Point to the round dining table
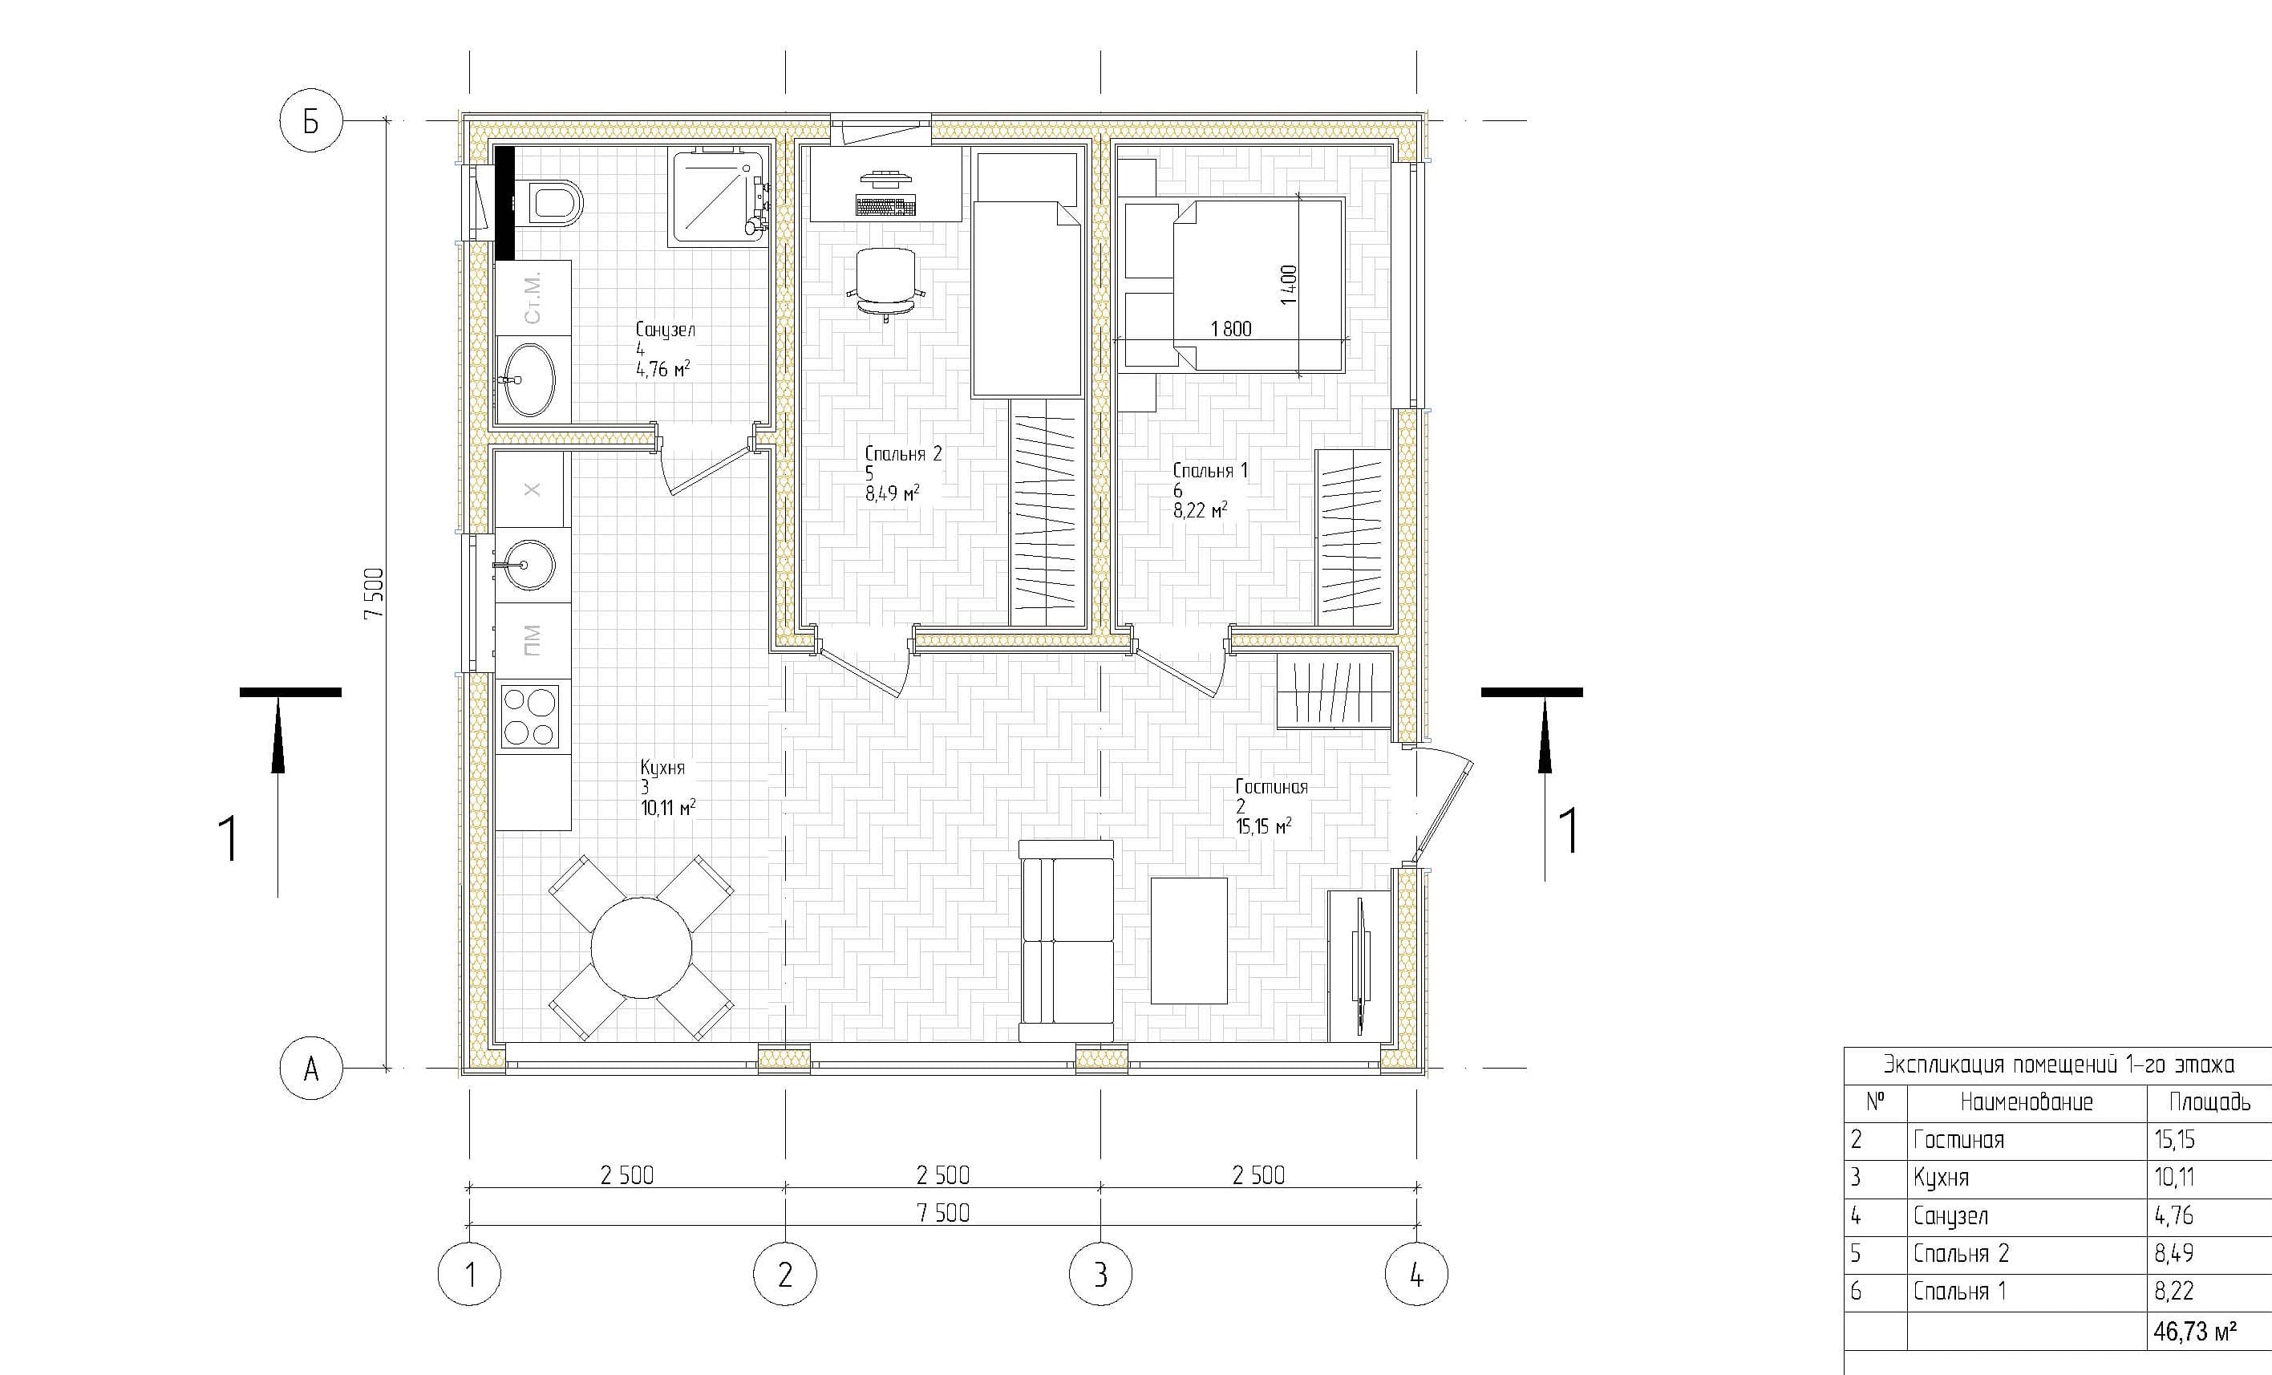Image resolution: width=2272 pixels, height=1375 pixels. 642,947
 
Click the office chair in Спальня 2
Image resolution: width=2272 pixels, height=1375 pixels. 885,282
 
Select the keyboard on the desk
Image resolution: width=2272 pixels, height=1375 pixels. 885,205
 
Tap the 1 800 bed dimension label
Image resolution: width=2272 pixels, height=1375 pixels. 1231,328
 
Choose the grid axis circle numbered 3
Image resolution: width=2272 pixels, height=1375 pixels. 1100,1275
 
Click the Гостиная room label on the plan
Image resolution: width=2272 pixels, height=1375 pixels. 1272,787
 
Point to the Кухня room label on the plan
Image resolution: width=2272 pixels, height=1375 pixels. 663,767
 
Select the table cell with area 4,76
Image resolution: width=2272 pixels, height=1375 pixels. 2174,1216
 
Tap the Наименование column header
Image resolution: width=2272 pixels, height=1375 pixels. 2027,1102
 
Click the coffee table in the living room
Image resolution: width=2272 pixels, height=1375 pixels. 1189,939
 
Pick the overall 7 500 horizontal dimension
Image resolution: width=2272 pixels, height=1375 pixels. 943,1214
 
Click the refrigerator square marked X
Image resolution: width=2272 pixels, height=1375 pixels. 532,489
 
